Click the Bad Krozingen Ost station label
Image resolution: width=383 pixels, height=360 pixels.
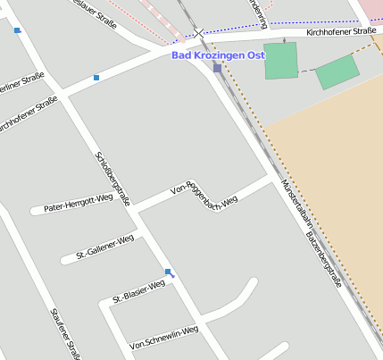point(218,54)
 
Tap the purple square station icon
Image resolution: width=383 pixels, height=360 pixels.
point(217,68)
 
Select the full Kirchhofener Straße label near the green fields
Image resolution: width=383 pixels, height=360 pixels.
point(340,31)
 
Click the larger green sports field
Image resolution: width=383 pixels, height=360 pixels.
point(280,60)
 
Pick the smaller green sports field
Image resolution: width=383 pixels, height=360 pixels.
point(337,71)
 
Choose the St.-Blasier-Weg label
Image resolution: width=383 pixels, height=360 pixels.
point(138,290)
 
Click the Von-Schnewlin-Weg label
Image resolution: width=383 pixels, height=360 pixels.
point(163,337)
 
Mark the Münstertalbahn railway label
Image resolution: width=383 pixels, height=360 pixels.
point(296,206)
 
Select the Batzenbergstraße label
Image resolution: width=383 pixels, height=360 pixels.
point(324,258)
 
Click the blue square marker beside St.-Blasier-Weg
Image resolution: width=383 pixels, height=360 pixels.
point(168,272)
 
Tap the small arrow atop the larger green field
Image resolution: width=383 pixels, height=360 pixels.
point(284,40)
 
